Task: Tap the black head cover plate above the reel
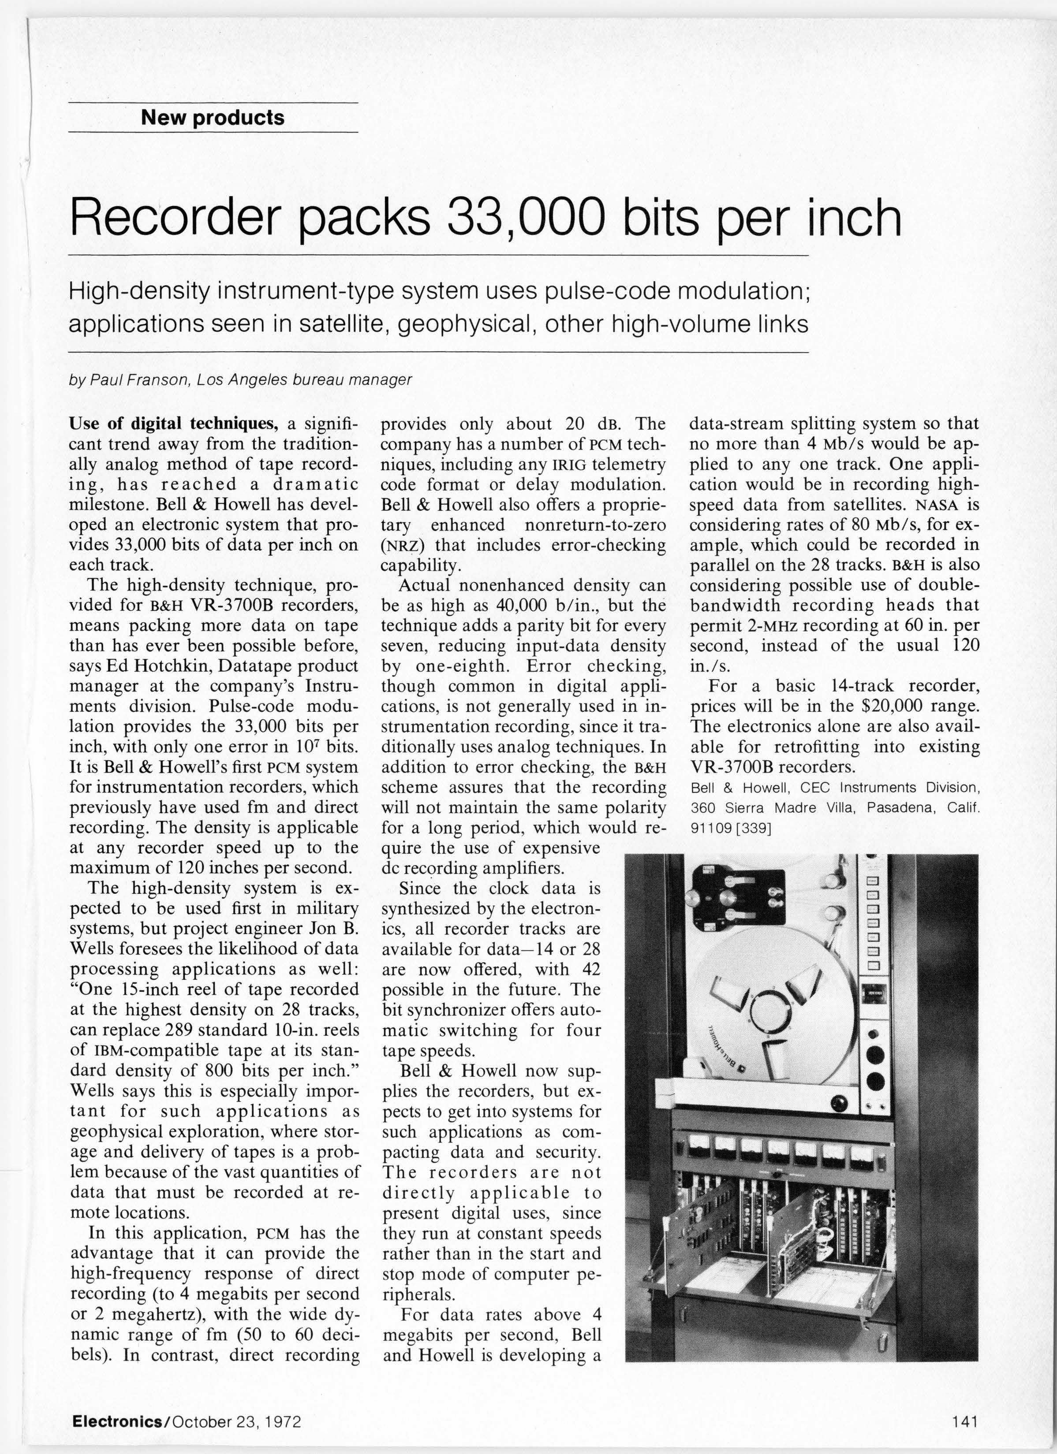738,894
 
